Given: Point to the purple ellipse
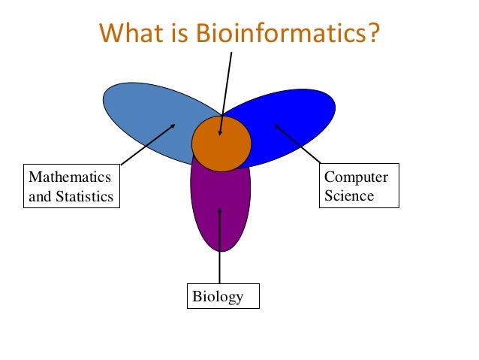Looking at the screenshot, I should tap(220, 218).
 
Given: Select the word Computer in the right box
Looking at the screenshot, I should tap(356, 178).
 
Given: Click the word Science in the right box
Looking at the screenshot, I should tap(348, 196).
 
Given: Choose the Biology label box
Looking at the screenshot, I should tap(222, 297).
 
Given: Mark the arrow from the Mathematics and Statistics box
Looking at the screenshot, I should tap(148, 144).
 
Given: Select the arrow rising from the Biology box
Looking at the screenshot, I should tap(220, 248).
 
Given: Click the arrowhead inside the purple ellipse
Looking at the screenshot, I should tap(220, 211).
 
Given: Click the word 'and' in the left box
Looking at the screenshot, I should tap(39, 197).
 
